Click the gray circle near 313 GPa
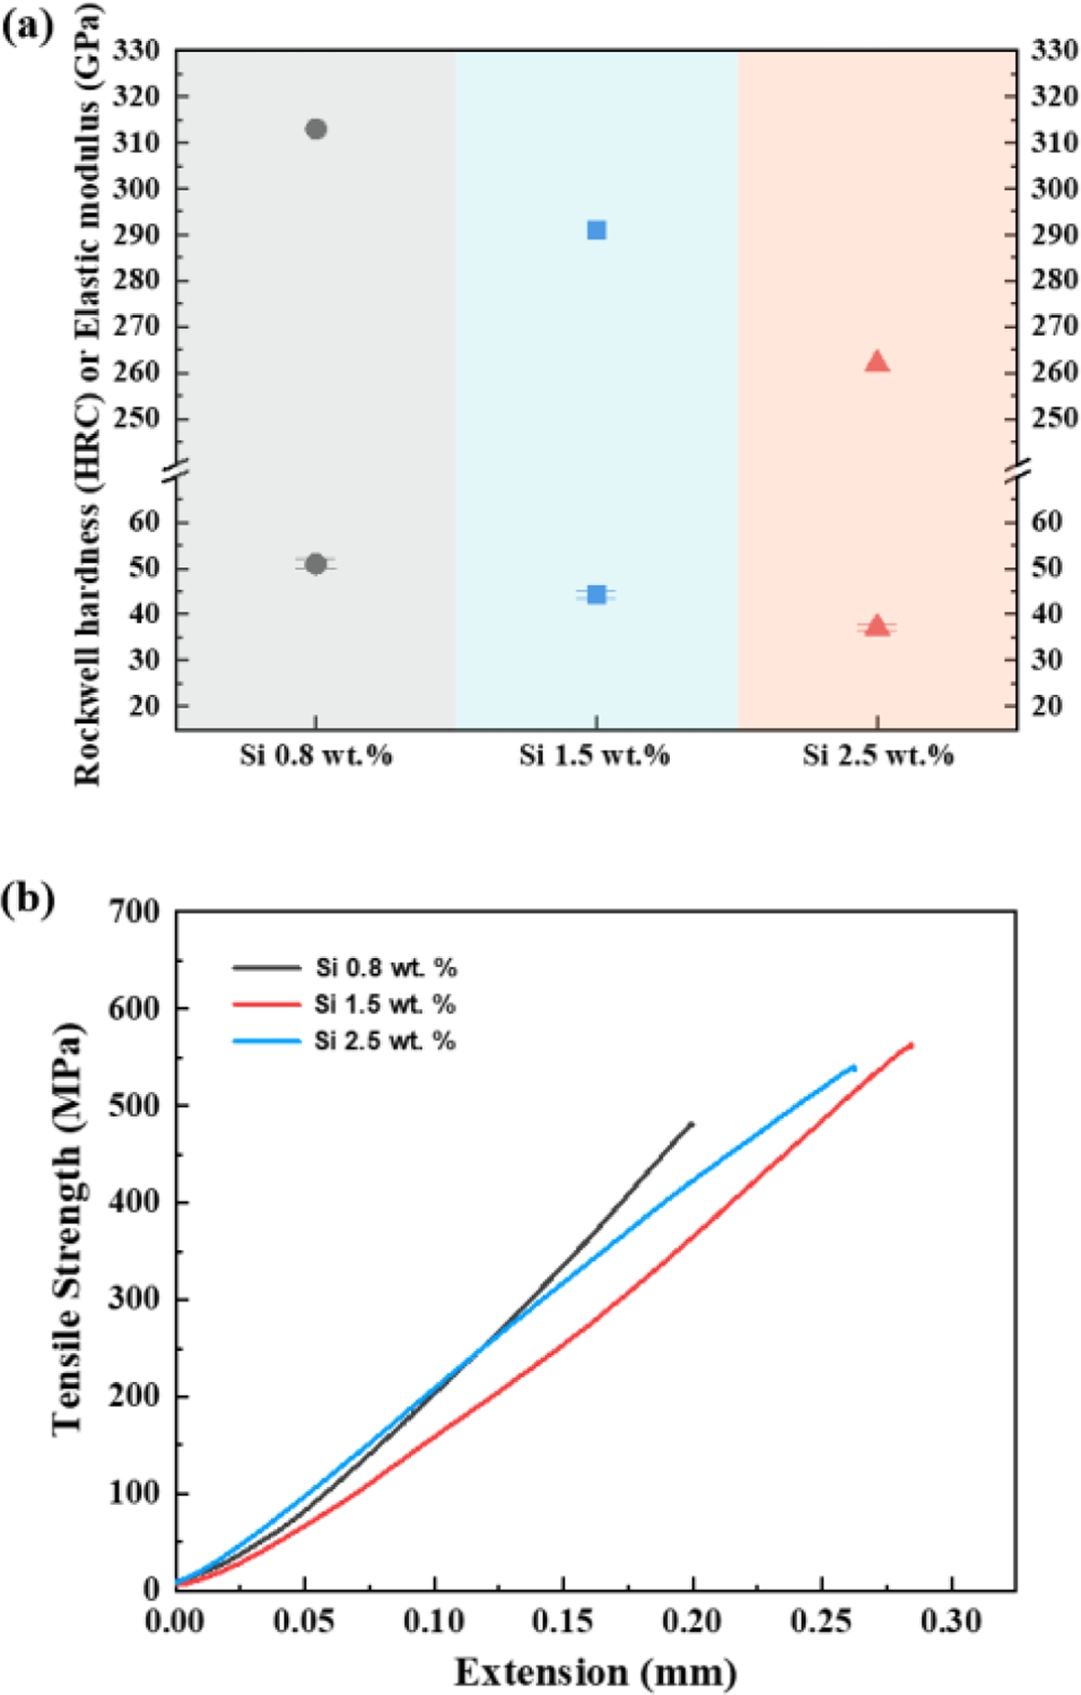click(x=316, y=129)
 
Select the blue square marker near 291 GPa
click(x=596, y=230)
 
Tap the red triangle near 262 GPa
click(x=877, y=362)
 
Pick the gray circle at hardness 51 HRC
click(x=316, y=564)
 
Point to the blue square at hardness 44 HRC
click(x=596, y=595)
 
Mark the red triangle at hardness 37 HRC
click(x=877, y=626)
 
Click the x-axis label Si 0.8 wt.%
click(x=316, y=755)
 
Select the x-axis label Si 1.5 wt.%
click(x=595, y=755)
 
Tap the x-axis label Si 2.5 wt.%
click(x=878, y=755)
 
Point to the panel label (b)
click(x=27, y=898)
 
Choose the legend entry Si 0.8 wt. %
click(x=385, y=968)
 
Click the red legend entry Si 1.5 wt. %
click(x=384, y=1005)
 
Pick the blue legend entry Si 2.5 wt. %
click(x=384, y=1041)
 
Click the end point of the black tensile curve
click(x=691, y=1124)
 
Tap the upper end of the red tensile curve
click(x=911, y=1045)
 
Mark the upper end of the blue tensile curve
click(x=854, y=1067)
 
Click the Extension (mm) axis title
click(x=596, y=1672)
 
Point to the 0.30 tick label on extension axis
click(x=952, y=1622)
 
